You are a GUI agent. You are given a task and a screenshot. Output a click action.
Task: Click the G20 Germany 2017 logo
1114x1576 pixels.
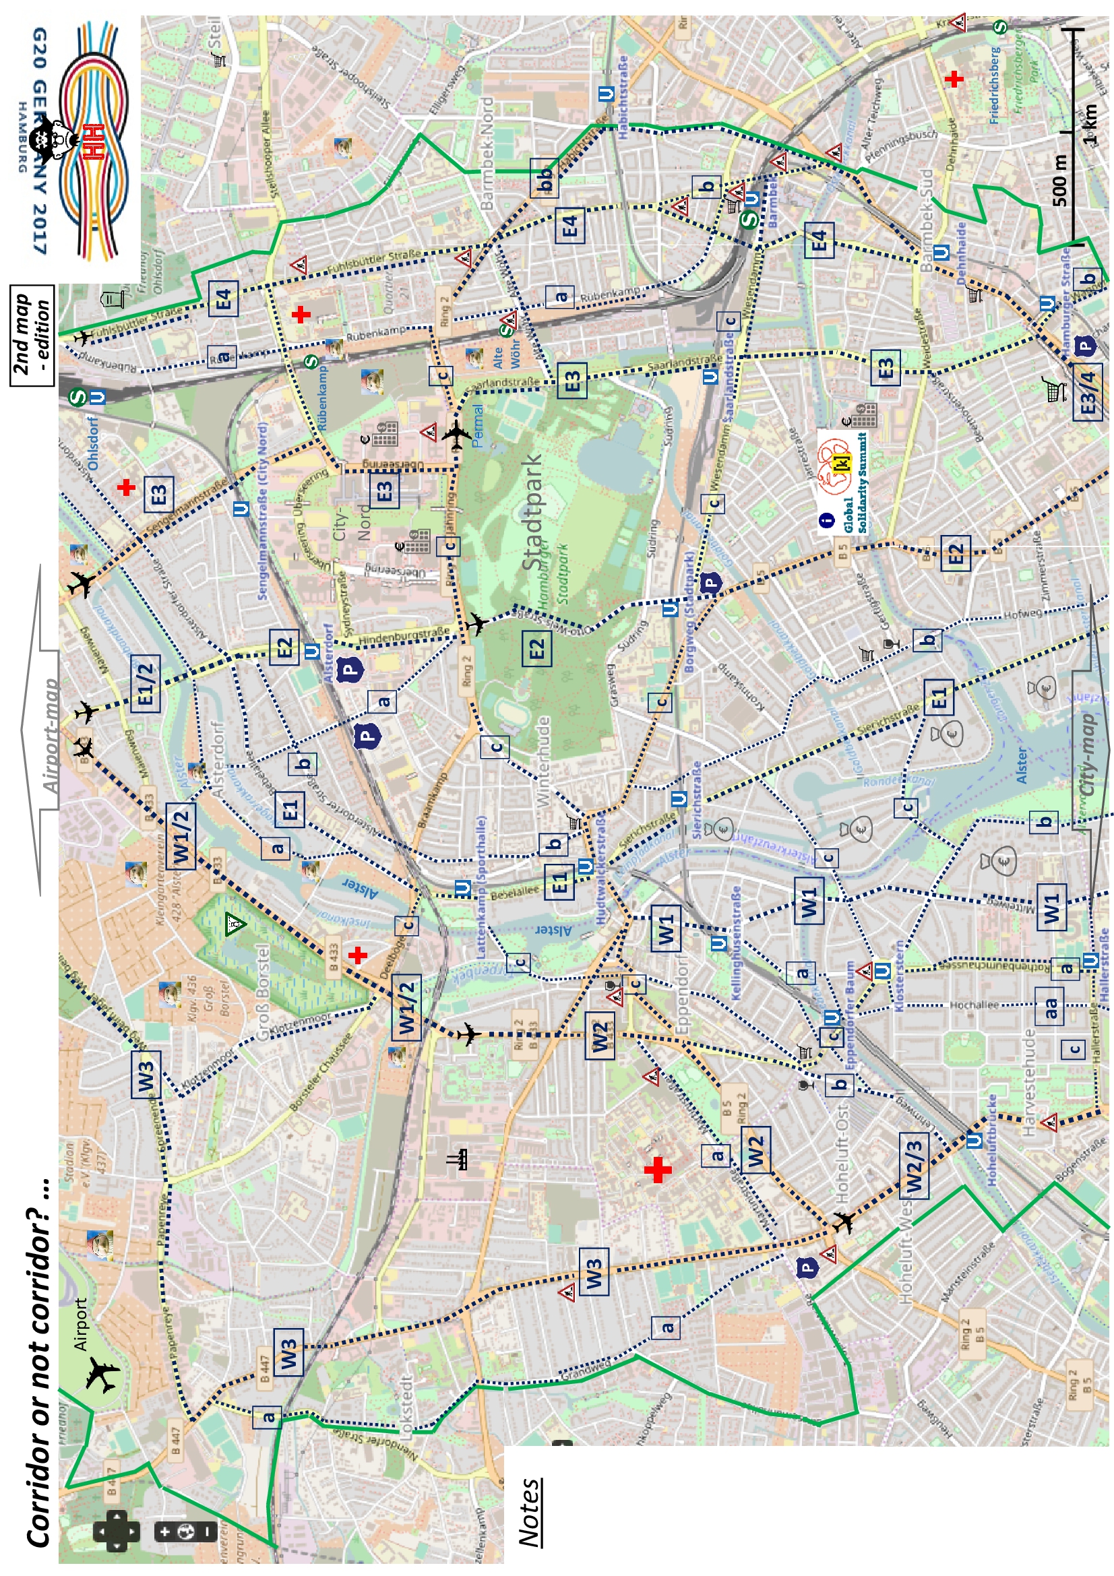[x=75, y=141]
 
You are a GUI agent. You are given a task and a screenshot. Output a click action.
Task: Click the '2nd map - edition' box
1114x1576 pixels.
[x=32, y=336]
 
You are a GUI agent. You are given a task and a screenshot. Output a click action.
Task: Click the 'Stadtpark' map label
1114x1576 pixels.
[x=532, y=511]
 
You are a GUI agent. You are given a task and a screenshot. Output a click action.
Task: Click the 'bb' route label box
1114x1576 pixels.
[x=545, y=179]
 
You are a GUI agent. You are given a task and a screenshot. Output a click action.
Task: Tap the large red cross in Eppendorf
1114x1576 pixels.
[x=658, y=1170]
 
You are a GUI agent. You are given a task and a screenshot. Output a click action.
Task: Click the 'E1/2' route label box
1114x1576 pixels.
[x=146, y=684]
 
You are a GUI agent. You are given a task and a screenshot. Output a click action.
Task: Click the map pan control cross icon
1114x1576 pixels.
[x=117, y=1532]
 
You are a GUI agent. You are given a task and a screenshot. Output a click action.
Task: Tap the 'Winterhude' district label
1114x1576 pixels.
[x=543, y=762]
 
